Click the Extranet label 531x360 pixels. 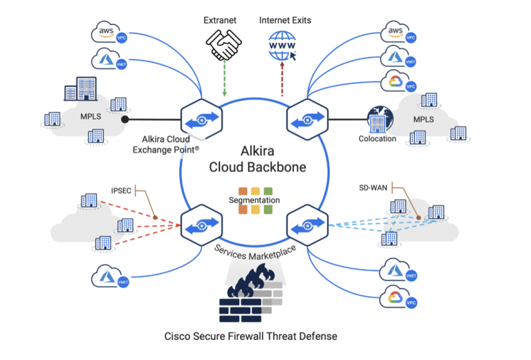[x=219, y=20]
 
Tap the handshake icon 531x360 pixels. [x=219, y=46]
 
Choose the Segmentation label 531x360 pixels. [x=254, y=200]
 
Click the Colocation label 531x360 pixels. [x=378, y=138]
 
